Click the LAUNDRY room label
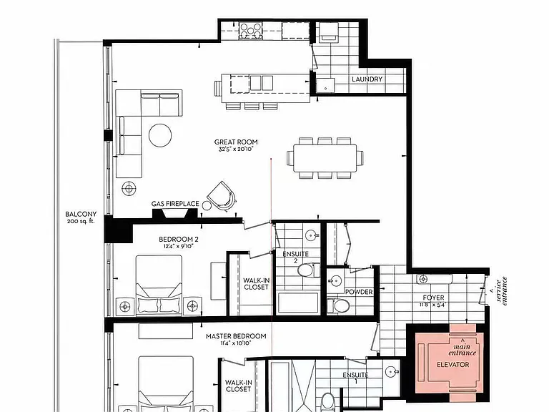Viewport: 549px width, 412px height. click(x=367, y=79)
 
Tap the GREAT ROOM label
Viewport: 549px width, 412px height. click(x=236, y=142)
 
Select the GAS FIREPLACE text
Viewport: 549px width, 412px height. click(x=175, y=204)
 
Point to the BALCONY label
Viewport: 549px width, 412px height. click(x=81, y=214)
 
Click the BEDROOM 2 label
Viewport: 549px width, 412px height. click(x=179, y=240)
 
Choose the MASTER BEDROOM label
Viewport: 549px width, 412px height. click(x=236, y=336)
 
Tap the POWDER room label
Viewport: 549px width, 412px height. click(x=359, y=292)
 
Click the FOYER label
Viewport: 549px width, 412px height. click(x=433, y=298)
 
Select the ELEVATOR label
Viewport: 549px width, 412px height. click(x=452, y=365)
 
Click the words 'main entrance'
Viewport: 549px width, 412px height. click(x=463, y=350)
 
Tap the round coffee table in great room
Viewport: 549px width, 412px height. click(x=160, y=135)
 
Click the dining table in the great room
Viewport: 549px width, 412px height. click(x=325, y=158)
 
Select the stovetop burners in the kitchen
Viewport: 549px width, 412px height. click(x=250, y=30)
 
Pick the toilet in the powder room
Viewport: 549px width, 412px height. click(x=339, y=306)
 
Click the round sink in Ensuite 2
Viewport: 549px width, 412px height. click(x=311, y=235)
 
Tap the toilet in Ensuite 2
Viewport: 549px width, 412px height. click(x=309, y=270)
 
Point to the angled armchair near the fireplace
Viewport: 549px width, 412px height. click(x=222, y=196)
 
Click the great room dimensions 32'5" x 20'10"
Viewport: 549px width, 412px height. click(x=236, y=149)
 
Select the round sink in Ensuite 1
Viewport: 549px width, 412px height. click(x=392, y=371)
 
